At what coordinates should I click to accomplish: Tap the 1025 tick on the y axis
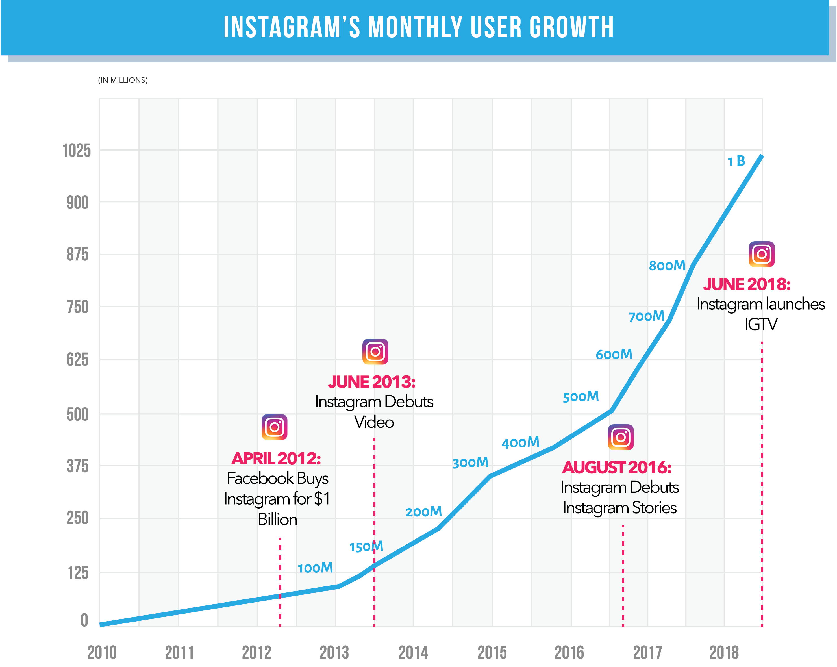click(x=77, y=151)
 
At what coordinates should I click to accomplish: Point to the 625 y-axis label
click(x=78, y=360)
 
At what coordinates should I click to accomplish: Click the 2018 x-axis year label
click(x=724, y=652)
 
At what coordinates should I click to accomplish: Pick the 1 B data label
click(x=736, y=161)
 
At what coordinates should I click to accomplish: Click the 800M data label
click(x=667, y=266)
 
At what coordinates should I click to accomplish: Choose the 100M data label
click(x=315, y=568)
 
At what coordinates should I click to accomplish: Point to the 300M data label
click(x=470, y=463)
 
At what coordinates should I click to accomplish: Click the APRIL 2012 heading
click(x=276, y=459)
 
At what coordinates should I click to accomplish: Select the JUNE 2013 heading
click(x=371, y=382)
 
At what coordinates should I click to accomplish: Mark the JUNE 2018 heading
click(x=747, y=284)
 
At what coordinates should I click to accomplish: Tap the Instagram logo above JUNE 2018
click(x=761, y=254)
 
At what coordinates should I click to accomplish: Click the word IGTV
click(x=761, y=325)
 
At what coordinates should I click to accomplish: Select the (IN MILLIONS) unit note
click(x=123, y=80)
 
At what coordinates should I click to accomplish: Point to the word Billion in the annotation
click(x=278, y=520)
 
